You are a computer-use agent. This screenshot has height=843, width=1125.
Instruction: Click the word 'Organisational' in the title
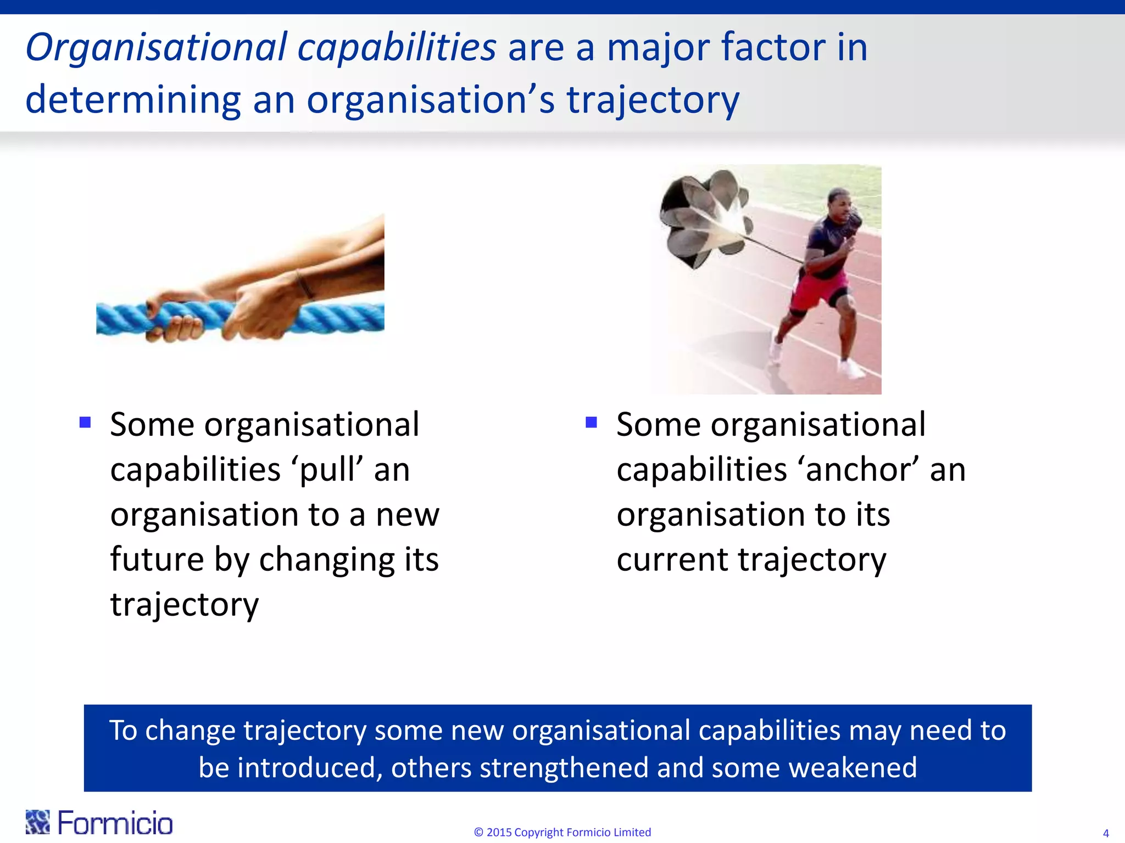tap(156, 48)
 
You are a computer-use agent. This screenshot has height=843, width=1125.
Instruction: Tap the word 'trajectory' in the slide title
tap(653, 101)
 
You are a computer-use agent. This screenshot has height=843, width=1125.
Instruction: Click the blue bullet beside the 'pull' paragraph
tap(85, 422)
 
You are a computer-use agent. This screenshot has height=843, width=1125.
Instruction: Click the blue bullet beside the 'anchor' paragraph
tap(591, 422)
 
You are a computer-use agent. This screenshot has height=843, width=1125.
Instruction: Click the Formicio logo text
tap(115, 823)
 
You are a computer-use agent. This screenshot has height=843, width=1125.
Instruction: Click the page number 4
tap(1105, 833)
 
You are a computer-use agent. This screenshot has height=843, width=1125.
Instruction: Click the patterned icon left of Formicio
tap(37, 822)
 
